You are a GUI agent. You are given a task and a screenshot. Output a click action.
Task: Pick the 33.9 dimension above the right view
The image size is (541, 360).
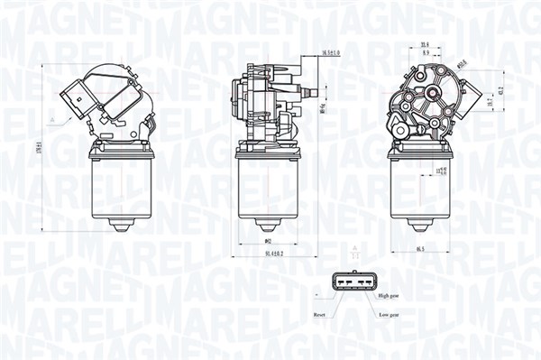click(423, 43)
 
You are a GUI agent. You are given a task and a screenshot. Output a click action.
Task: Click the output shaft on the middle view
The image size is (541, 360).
click(312, 91)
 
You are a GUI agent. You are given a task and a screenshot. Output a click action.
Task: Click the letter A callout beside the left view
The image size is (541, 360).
click(55, 119)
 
